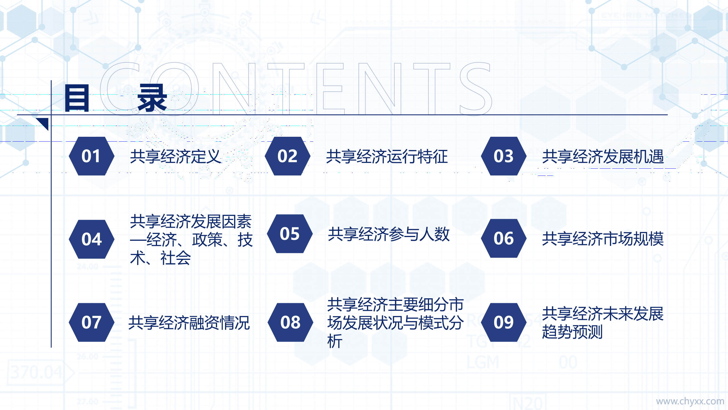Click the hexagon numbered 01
pyautogui.click(x=91, y=156)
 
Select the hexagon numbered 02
pyautogui.click(x=287, y=156)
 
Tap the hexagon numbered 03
pyautogui.click(x=503, y=156)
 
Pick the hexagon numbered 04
pyautogui.click(x=91, y=239)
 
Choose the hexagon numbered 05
pyautogui.click(x=290, y=234)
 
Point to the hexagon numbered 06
pyautogui.click(x=503, y=238)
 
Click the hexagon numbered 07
pyautogui.click(x=91, y=322)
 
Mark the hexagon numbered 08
pyautogui.click(x=290, y=322)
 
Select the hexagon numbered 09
pyautogui.click(x=503, y=322)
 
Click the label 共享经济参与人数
pyautogui.click(x=389, y=234)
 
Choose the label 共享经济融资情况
pyautogui.click(x=189, y=323)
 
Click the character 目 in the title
pyautogui.click(x=77, y=98)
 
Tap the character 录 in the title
pyautogui.click(x=152, y=98)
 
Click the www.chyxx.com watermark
pyautogui.click(x=690, y=401)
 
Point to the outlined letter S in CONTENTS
pyautogui.click(x=476, y=89)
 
